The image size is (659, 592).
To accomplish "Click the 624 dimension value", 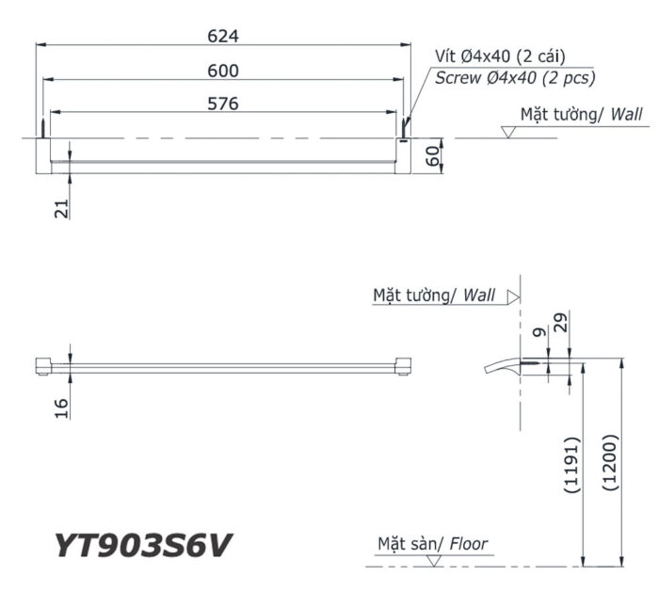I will (224, 36).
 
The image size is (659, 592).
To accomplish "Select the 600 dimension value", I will (224, 71).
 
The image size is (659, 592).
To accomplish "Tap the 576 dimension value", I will (224, 104).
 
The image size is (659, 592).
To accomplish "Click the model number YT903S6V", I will (142, 545).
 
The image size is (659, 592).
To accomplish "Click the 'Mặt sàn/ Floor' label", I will (433, 543).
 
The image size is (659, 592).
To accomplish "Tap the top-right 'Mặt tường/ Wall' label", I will (581, 115).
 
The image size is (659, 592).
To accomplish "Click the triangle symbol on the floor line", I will (433, 562).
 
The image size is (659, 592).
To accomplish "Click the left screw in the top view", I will (41, 128).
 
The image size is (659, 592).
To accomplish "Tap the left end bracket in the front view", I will (42, 366).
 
